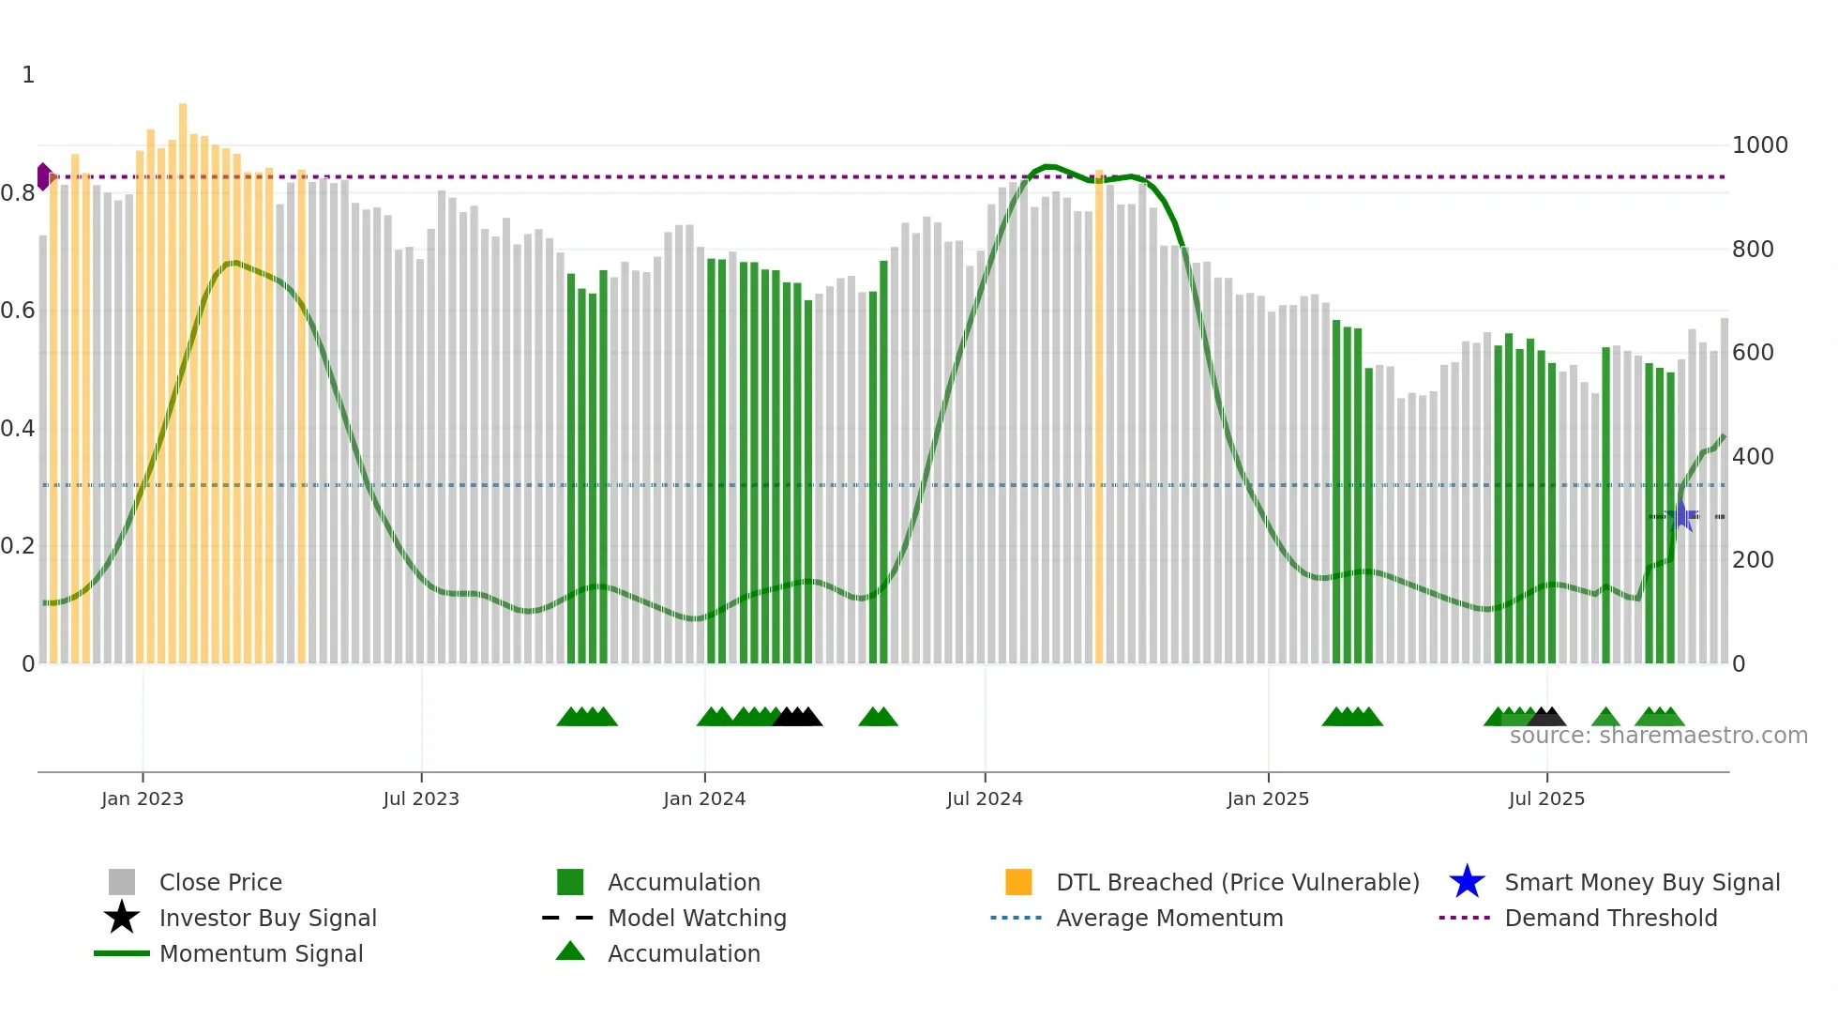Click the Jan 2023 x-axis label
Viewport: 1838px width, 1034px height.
143,798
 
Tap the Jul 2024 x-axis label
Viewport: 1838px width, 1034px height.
985,798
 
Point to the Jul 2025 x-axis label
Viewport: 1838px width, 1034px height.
1546,798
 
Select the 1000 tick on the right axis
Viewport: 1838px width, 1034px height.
1759,145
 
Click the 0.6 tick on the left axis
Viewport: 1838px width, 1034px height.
18,311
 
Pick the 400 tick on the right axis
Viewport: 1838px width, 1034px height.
1753,457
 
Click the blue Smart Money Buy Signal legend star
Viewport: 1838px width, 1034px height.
1467,882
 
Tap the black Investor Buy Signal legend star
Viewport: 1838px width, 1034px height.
122,918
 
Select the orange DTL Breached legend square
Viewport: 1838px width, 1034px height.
1018,882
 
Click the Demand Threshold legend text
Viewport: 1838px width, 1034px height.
1610,918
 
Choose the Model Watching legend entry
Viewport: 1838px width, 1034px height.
696,918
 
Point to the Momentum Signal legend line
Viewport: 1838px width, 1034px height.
122,953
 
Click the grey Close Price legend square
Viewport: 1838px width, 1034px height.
122,882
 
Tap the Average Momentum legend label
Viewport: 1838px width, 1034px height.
1168,918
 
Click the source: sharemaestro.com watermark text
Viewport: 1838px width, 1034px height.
1658,736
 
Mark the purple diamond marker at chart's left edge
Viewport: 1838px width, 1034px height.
44,176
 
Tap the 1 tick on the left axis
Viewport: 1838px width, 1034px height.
28,75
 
